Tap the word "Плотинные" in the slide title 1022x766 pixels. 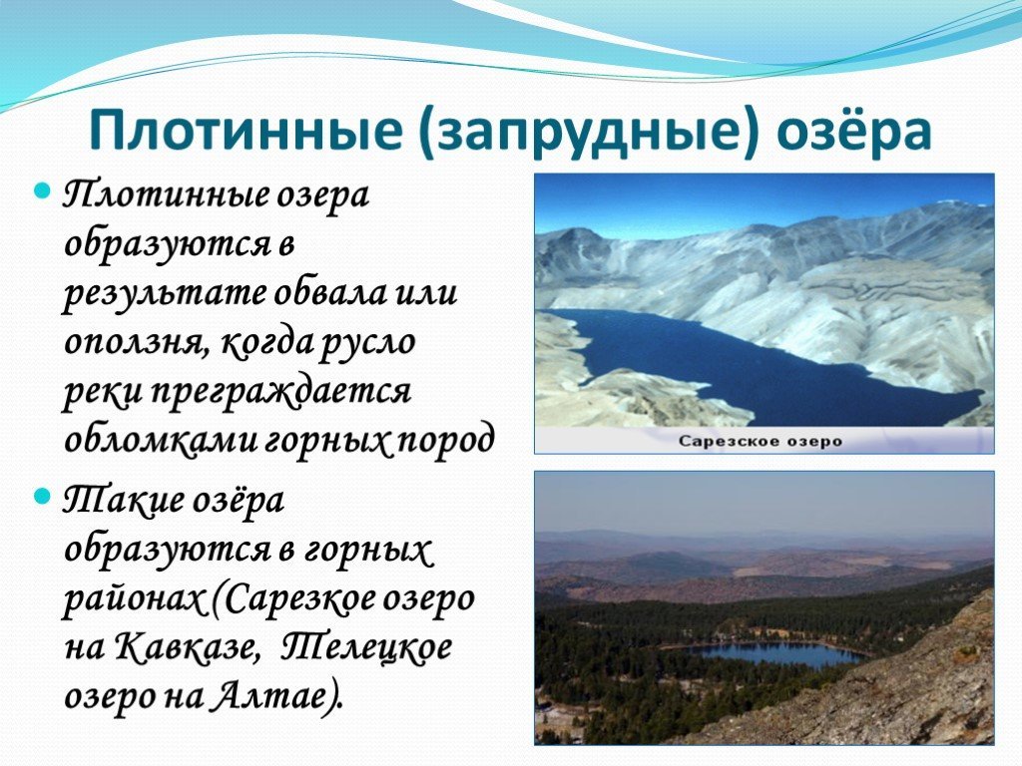246,130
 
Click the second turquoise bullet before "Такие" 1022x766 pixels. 42,498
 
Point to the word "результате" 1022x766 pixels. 164,294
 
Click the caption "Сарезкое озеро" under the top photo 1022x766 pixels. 760,442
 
